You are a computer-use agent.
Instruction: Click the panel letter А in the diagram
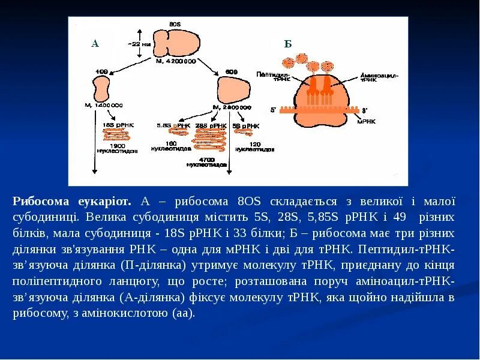point(95,43)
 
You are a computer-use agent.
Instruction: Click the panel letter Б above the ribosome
point(288,43)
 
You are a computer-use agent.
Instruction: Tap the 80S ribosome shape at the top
point(181,43)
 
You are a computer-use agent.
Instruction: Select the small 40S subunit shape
point(101,88)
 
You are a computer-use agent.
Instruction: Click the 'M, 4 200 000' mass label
point(176,61)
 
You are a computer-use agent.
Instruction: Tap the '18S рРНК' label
point(118,124)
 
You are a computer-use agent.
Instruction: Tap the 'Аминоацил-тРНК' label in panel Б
point(379,77)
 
